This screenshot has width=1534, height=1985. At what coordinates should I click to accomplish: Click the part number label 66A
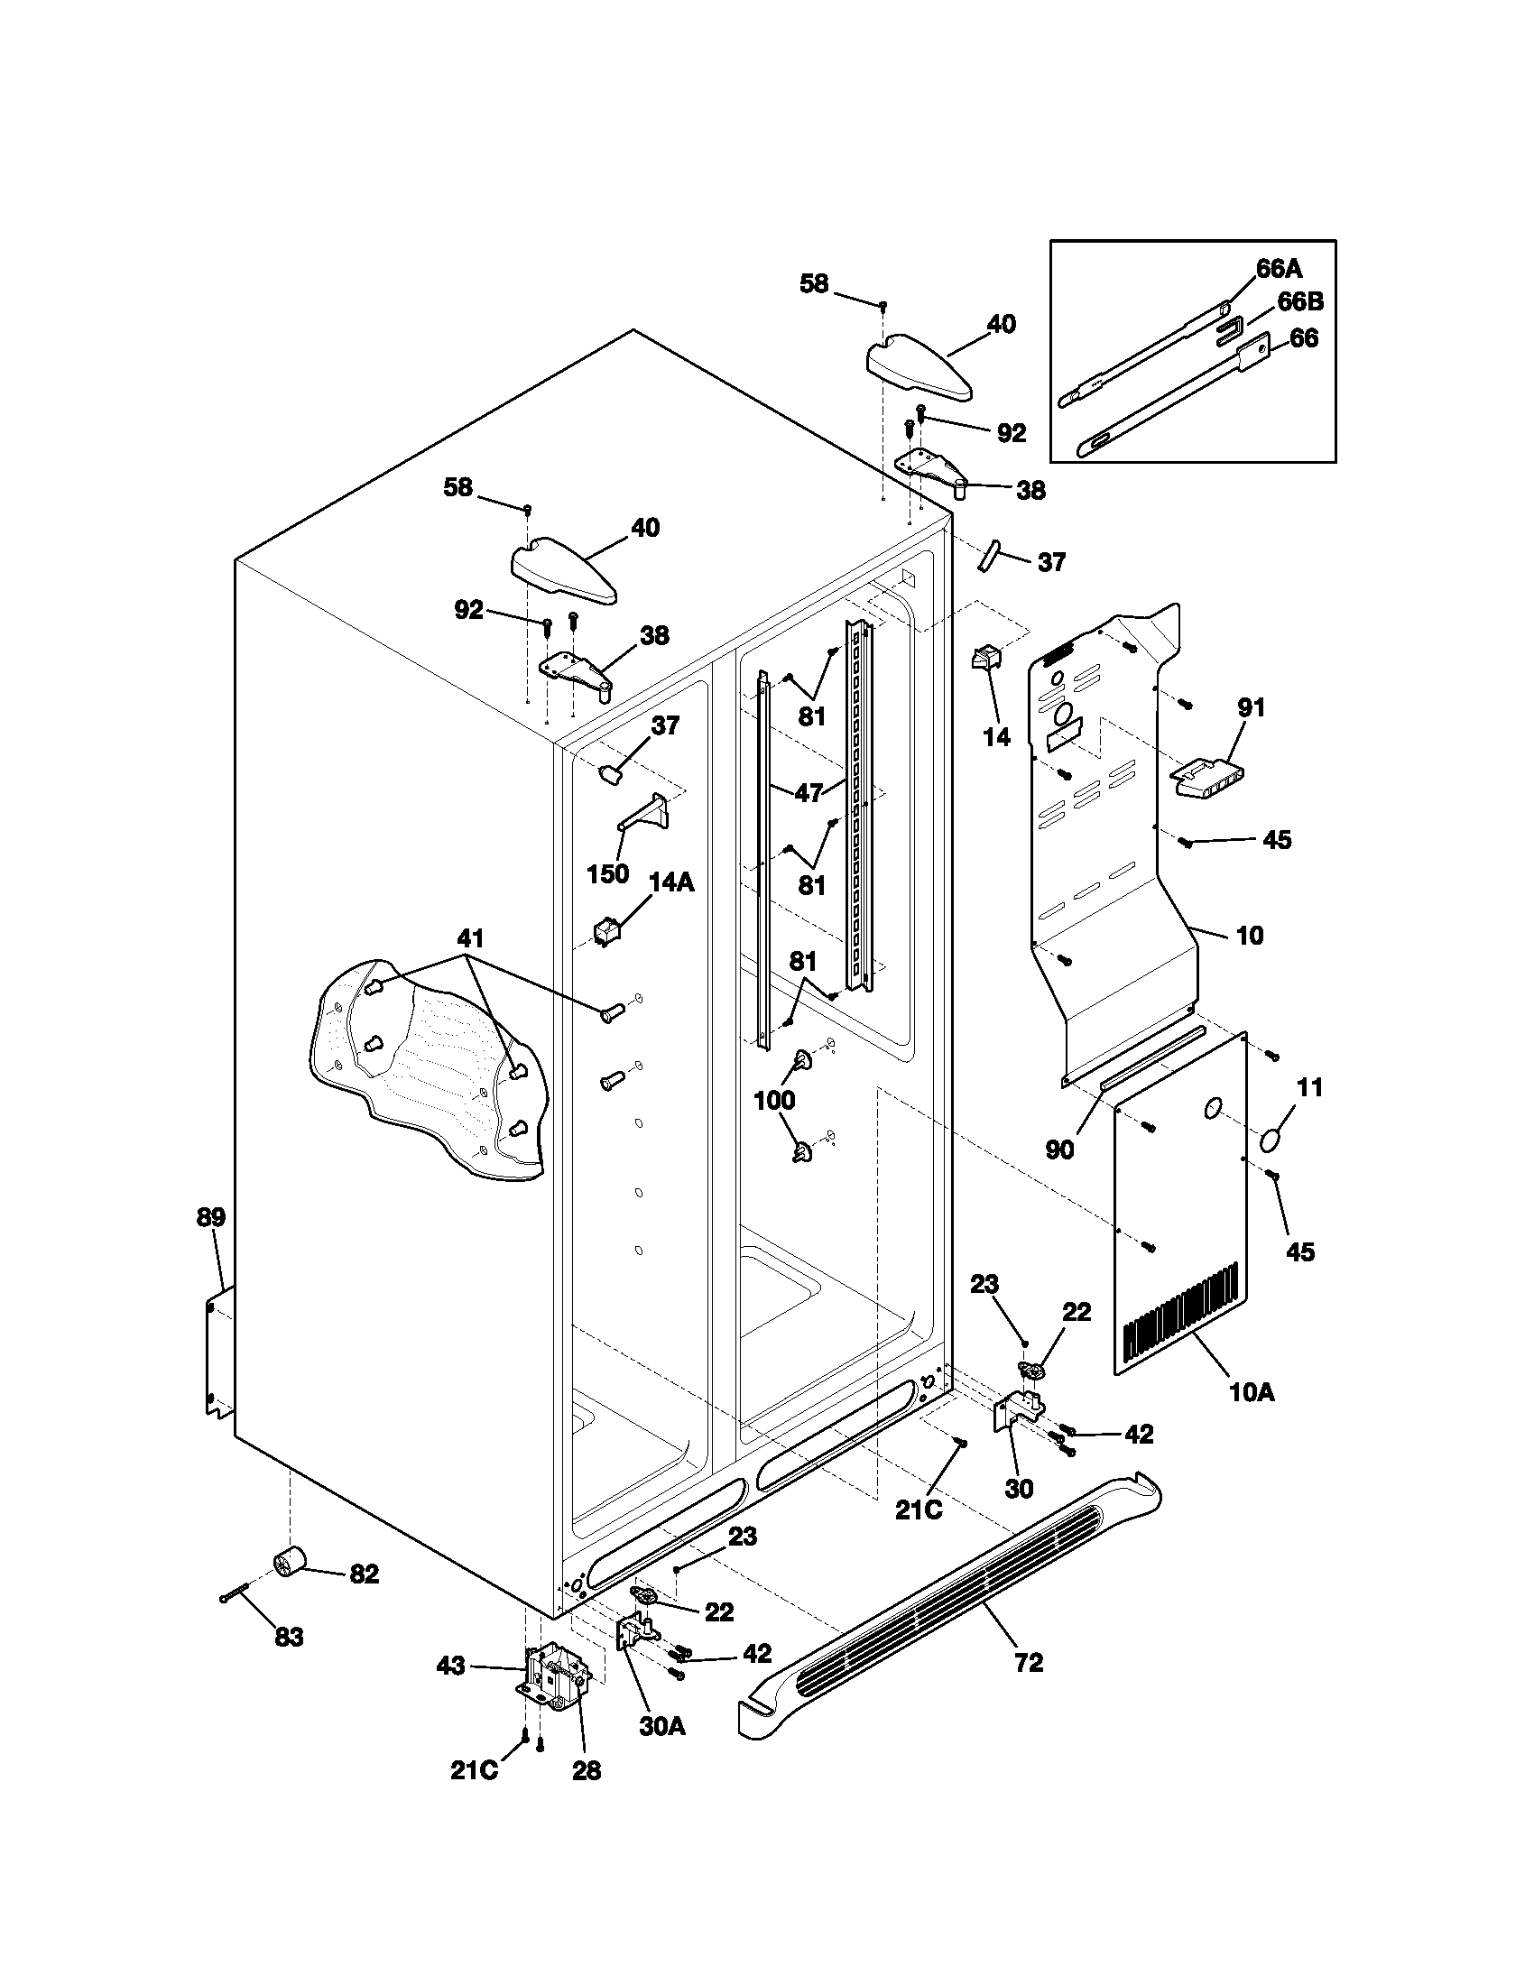(1279, 268)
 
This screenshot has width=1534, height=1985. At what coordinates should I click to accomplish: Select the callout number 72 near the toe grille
(1028, 1662)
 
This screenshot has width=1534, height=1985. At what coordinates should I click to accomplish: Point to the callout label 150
(608, 873)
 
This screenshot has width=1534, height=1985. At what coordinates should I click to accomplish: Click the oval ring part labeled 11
(1273, 1138)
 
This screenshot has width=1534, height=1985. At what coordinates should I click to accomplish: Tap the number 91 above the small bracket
(1252, 706)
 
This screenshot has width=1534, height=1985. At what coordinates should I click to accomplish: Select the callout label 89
(211, 1217)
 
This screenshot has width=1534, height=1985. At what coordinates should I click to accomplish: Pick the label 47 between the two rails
(809, 792)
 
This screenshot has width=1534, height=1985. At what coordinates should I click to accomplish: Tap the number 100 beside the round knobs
(774, 1100)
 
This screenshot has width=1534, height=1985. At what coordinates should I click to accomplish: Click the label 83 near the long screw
(289, 1637)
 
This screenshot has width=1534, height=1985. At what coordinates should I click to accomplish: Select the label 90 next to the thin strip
(1059, 1149)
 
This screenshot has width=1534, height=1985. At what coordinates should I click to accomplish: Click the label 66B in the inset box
(1299, 301)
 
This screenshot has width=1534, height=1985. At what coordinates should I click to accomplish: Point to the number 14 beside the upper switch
(997, 737)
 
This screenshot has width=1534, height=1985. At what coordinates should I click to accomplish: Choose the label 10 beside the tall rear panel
(1251, 935)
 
